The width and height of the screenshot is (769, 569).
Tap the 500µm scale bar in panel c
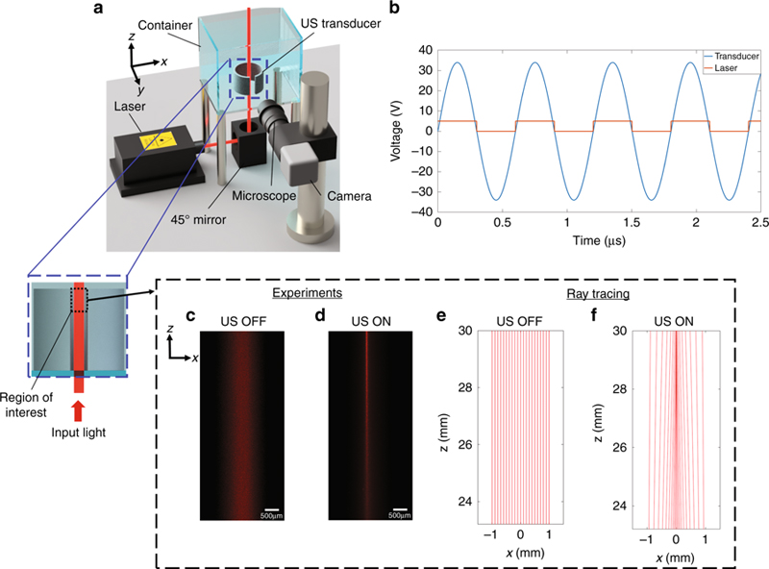(x=271, y=511)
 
